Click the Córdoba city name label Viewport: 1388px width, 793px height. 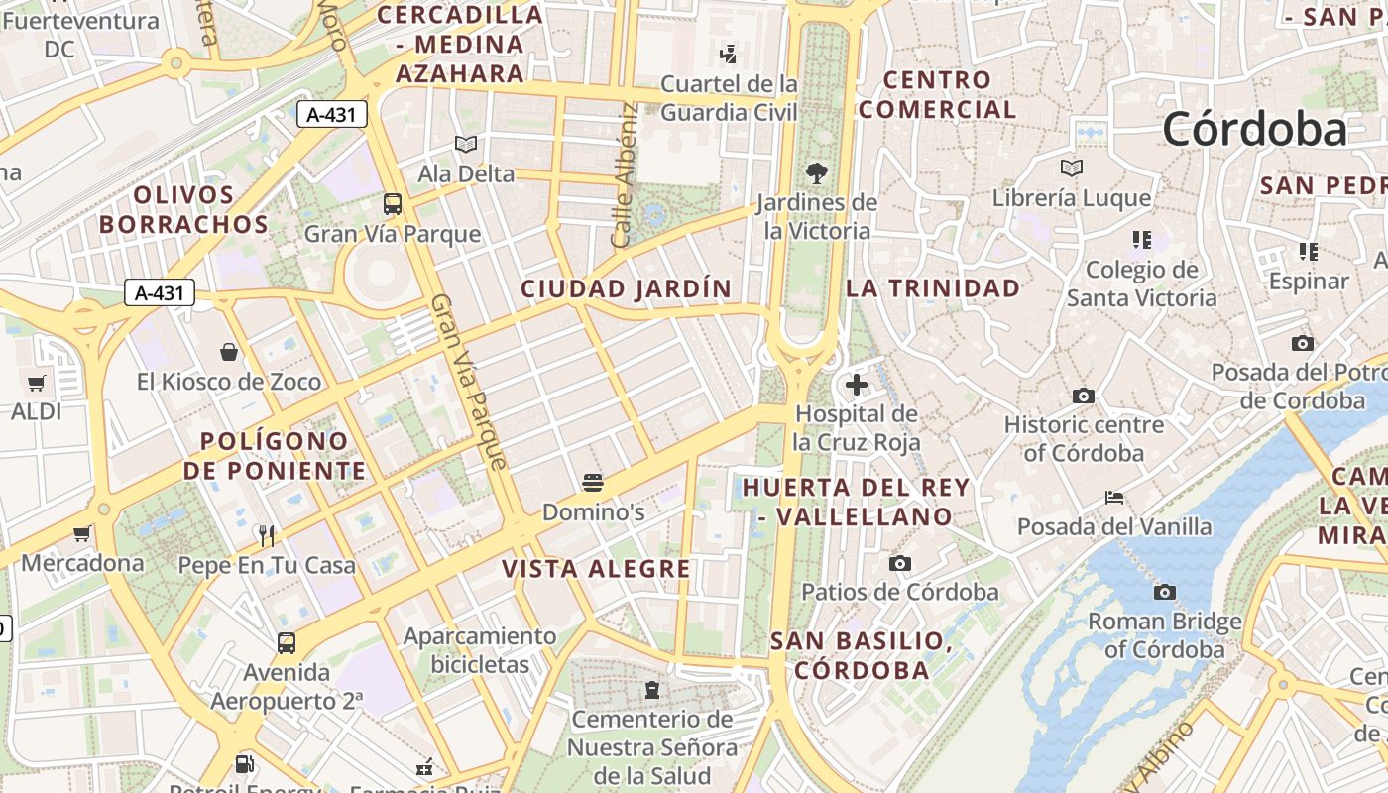click(1254, 129)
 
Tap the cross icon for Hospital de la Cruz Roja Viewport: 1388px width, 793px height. click(857, 385)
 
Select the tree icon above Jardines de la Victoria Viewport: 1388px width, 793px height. click(817, 173)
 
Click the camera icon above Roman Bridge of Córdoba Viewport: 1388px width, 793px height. click(1164, 593)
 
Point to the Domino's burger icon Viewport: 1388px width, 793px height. click(593, 483)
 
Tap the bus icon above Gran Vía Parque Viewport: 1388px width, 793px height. click(393, 204)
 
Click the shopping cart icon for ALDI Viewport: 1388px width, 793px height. click(37, 383)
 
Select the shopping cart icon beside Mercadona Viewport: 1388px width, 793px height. click(82, 534)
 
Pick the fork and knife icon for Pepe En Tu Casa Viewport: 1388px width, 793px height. click(266, 536)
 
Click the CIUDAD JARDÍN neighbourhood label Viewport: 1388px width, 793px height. click(626, 289)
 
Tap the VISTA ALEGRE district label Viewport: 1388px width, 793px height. click(596, 569)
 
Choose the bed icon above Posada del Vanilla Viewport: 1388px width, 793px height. click(1114, 498)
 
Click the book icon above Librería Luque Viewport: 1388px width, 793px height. click(1071, 169)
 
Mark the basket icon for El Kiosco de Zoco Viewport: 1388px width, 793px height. click(229, 352)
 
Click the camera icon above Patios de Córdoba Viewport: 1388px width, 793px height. click(899, 564)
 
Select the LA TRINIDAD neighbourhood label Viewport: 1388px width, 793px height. click(932, 288)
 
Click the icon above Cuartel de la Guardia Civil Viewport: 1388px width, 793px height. click(729, 54)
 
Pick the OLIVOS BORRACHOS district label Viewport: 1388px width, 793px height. click(183, 210)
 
